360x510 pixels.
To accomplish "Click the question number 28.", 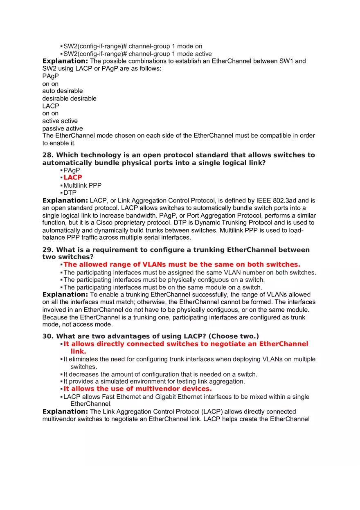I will point(48,155).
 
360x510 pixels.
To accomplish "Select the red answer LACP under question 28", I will point(73,177).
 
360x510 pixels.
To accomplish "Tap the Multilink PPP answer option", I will point(82,185).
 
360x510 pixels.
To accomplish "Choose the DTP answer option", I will point(70,193).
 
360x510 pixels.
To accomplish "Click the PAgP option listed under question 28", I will point(72,170).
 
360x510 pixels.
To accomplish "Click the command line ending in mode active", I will point(137,54).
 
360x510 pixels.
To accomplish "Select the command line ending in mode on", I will point(133,47).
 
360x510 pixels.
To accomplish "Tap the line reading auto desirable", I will point(63,91).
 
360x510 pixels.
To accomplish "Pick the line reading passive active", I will point(63,128).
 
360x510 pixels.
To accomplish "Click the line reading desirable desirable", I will point(69,99).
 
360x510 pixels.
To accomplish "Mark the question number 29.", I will point(48,250).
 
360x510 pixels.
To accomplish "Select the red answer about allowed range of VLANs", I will point(182,265).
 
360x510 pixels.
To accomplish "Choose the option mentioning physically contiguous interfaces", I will point(164,280).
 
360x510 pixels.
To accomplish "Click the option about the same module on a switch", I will point(162,287).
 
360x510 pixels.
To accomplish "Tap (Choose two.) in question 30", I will point(234,336).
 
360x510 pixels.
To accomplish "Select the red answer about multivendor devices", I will point(137,389).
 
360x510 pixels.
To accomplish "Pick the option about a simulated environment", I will point(154,381).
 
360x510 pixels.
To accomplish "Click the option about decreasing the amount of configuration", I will point(160,374).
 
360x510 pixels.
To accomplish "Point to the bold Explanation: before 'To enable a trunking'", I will point(65,294).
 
